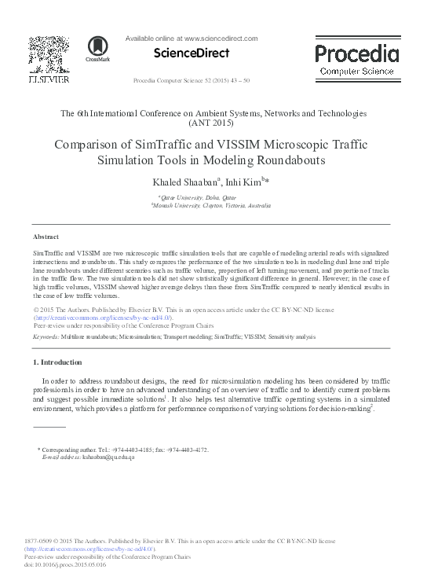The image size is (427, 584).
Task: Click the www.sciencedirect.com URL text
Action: tap(221, 37)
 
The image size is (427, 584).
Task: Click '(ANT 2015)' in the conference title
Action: tap(213, 124)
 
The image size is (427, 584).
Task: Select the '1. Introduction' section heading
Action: tap(57, 362)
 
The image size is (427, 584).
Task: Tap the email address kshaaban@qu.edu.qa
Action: tap(104, 457)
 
